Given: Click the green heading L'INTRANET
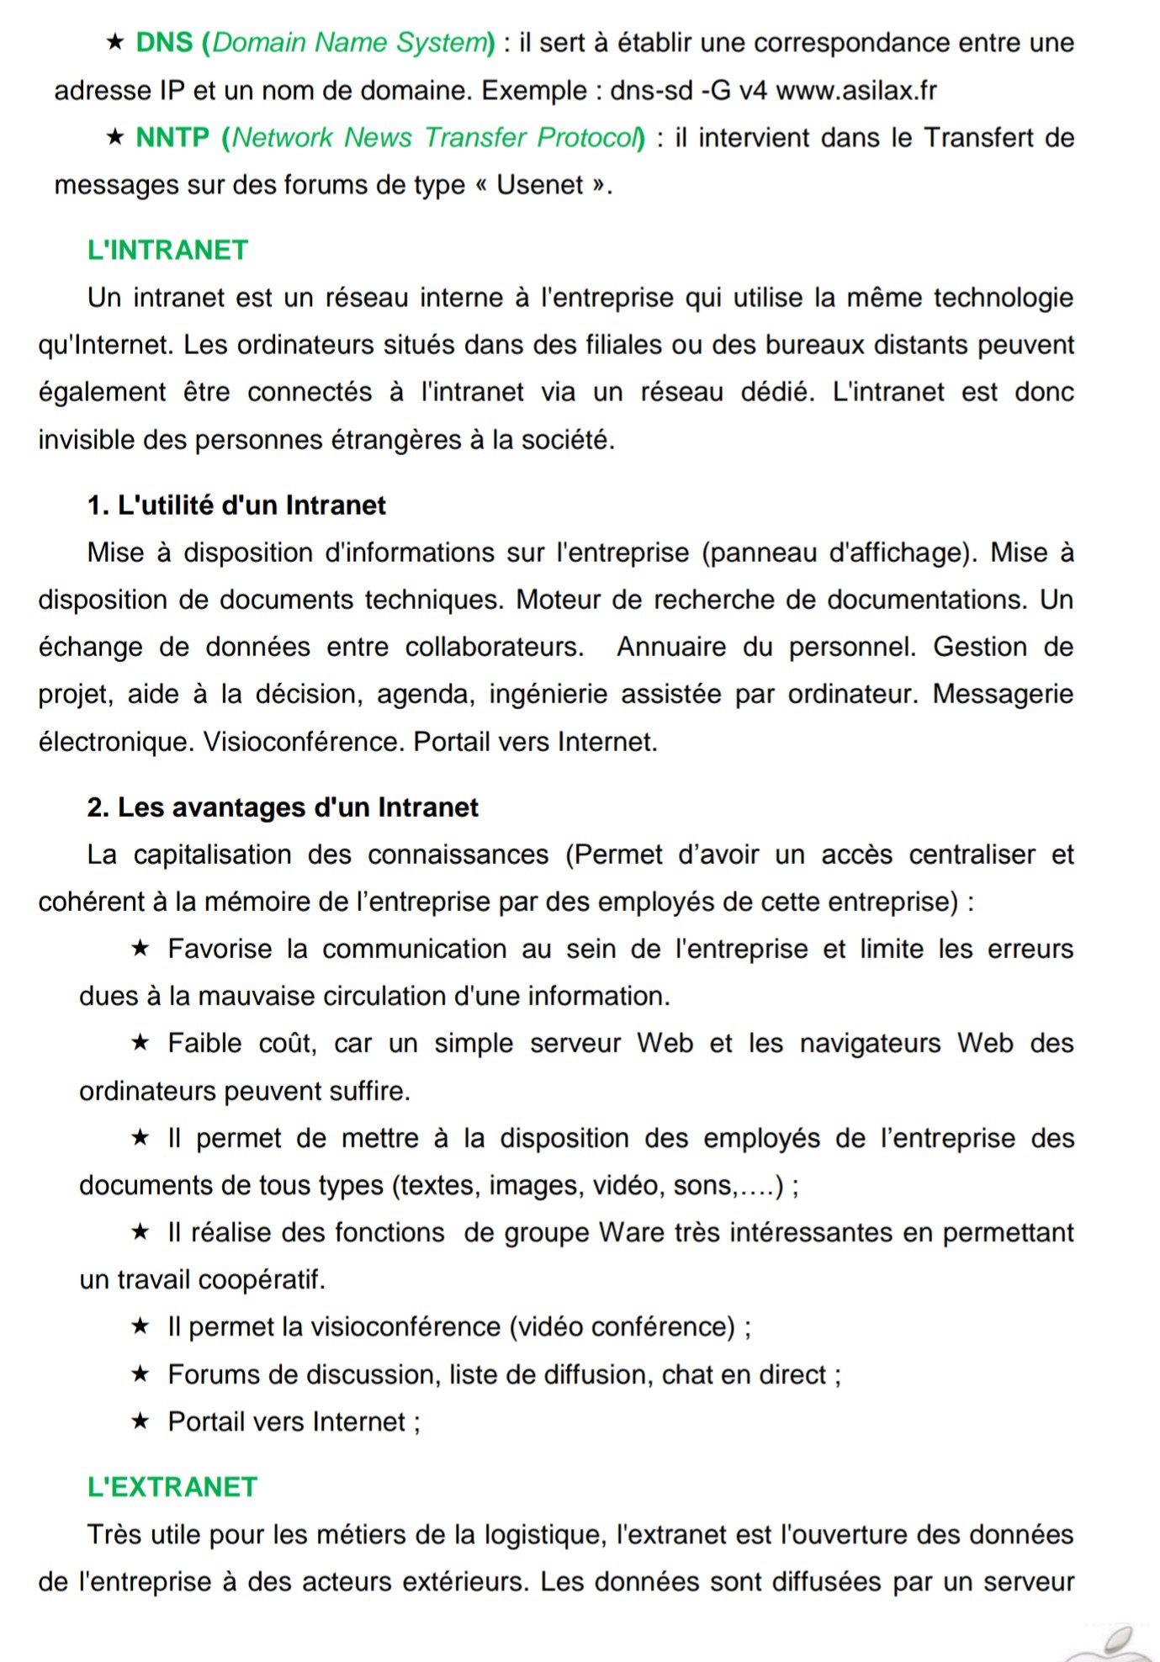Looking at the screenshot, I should coord(167,250).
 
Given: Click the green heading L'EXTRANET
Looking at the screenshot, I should coord(172,1487).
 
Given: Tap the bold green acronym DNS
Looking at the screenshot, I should coord(164,42).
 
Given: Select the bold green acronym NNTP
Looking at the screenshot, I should coord(172,137).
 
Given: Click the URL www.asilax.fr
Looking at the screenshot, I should coord(855,90).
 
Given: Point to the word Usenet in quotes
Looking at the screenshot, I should coord(539,185).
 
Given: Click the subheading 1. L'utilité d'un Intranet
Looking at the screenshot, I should coord(236,505).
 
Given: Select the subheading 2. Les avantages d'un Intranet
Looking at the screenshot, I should coord(283,807).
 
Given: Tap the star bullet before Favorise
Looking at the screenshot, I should coord(140,949).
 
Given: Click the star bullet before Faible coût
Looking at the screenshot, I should coord(140,1043).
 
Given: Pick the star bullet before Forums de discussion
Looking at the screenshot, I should coord(140,1374).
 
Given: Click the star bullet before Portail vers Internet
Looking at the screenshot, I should coord(140,1421).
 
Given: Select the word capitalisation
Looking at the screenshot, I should coord(212,855).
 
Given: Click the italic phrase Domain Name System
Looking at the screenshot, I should coord(350,42).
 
